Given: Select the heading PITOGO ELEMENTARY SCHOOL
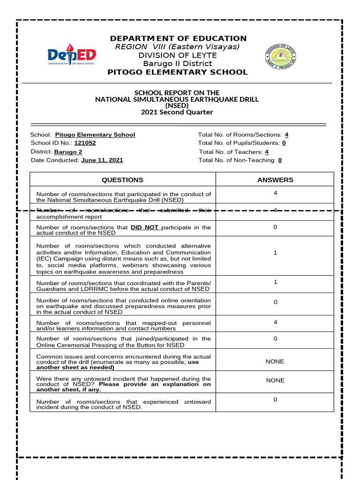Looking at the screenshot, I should tap(178, 72).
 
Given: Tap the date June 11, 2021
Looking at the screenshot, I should tap(102, 160).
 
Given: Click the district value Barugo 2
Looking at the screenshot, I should tap(68, 151).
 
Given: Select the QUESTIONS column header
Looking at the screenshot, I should tap(123, 180).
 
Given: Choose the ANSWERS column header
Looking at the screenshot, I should tap(275, 180).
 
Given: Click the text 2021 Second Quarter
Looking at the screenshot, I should tap(177, 112).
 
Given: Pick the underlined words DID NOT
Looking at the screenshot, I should tap(145, 227).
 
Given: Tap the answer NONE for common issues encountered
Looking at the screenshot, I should tap(275, 361).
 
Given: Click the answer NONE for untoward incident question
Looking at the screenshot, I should tap(275, 381).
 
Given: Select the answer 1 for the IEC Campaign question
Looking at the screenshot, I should tap(275, 253).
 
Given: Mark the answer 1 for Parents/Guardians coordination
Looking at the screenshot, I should tap(275, 282).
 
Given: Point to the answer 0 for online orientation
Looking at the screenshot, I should tap(275, 302).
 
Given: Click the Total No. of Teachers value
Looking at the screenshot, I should tap(267, 152).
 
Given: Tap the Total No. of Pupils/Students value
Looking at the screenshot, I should tap(284, 143).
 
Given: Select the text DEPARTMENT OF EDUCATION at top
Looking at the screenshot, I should tap(178, 38).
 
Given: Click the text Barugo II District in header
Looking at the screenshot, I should tap(178, 64).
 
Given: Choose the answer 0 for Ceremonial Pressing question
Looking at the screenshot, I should tap(275, 338).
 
